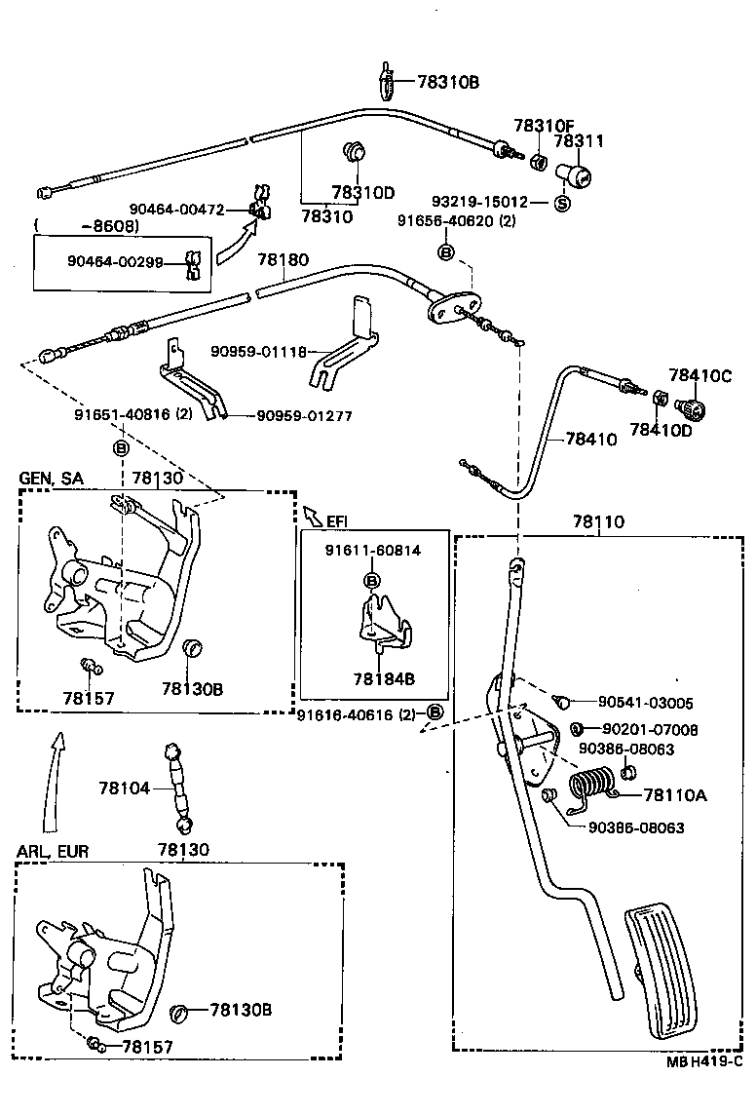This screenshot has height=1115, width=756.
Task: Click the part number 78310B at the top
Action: (x=448, y=82)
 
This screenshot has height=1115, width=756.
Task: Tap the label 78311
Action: (x=579, y=141)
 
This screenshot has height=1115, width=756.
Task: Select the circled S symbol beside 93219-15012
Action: (x=562, y=203)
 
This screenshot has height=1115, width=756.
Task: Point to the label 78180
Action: (x=283, y=260)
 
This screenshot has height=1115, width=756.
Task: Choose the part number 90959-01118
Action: (x=258, y=351)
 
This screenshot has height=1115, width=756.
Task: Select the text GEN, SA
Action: (x=51, y=479)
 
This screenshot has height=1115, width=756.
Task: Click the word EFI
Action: (x=337, y=520)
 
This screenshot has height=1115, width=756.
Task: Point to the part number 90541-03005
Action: (x=645, y=703)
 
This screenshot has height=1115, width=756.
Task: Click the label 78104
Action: (x=123, y=787)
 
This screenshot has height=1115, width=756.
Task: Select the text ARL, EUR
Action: (x=53, y=851)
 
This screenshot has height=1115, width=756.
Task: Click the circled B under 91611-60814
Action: (x=371, y=581)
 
